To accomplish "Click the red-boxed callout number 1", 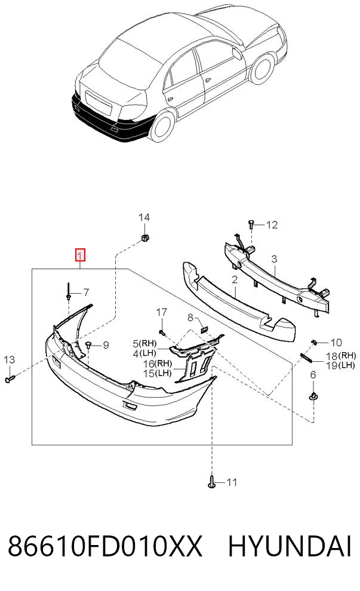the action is tap(80, 255).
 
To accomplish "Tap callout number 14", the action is tap(144, 217).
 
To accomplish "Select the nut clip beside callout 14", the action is tap(144, 238).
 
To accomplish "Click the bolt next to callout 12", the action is tap(251, 224).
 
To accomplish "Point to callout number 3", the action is tap(274, 259).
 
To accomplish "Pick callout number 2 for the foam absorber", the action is tap(235, 279).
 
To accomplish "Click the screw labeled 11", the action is tap(212, 482).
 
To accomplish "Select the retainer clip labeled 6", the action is tap(313, 396).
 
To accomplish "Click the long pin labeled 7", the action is tap(69, 291).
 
